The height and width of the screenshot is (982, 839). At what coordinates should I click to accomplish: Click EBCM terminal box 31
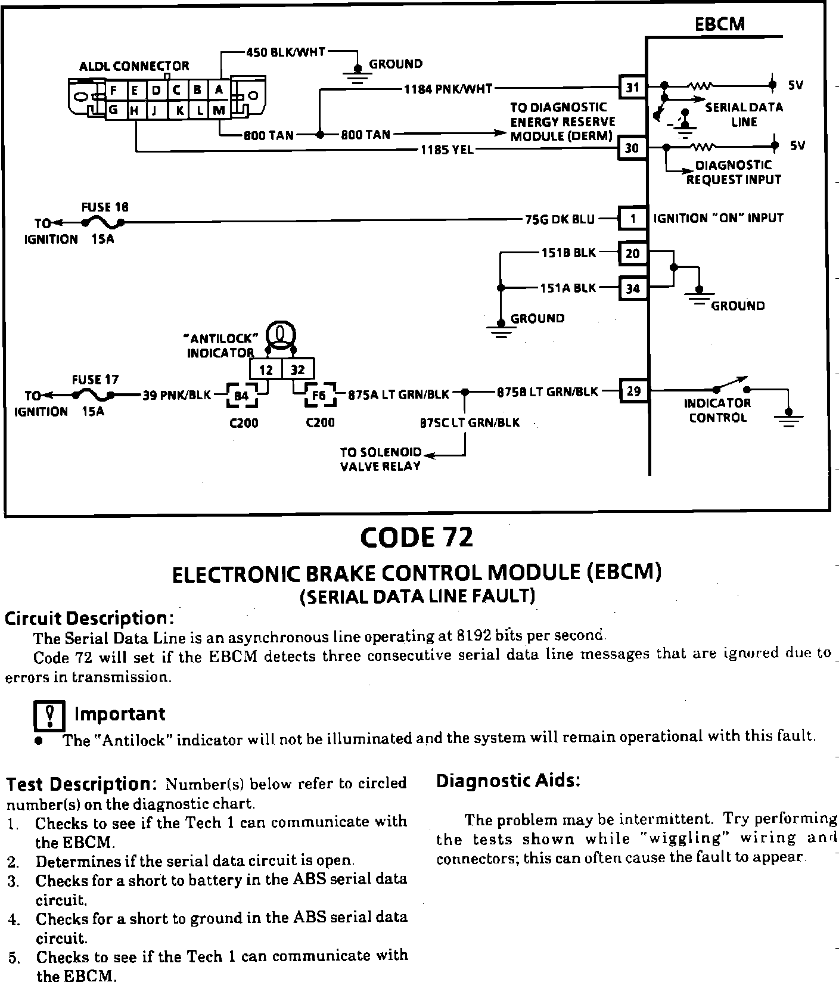click(x=632, y=88)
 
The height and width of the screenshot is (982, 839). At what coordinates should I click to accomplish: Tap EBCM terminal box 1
click(x=632, y=219)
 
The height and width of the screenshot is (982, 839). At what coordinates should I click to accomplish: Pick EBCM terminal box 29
click(x=633, y=391)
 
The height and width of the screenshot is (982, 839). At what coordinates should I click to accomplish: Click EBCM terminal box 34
click(x=632, y=288)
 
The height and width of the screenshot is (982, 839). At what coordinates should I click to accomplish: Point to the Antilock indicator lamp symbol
click(x=280, y=334)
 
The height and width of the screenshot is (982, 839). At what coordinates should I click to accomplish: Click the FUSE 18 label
click(x=105, y=207)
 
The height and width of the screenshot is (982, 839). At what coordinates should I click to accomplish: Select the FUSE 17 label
click(x=95, y=379)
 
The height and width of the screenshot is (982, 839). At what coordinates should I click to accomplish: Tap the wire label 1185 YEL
click(x=447, y=150)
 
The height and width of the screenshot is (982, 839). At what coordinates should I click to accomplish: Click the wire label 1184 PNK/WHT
click(x=448, y=89)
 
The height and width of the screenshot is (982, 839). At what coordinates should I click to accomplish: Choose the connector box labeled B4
click(x=242, y=395)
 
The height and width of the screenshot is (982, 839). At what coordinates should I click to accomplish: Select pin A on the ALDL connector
click(x=219, y=91)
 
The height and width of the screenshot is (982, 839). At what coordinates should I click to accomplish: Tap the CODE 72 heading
click(x=417, y=537)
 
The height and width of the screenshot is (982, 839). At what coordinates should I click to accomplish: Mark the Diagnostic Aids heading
click(x=508, y=781)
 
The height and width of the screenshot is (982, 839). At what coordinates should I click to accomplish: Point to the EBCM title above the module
click(x=720, y=24)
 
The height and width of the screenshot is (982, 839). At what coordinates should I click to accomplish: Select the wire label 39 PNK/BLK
click(x=176, y=394)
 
